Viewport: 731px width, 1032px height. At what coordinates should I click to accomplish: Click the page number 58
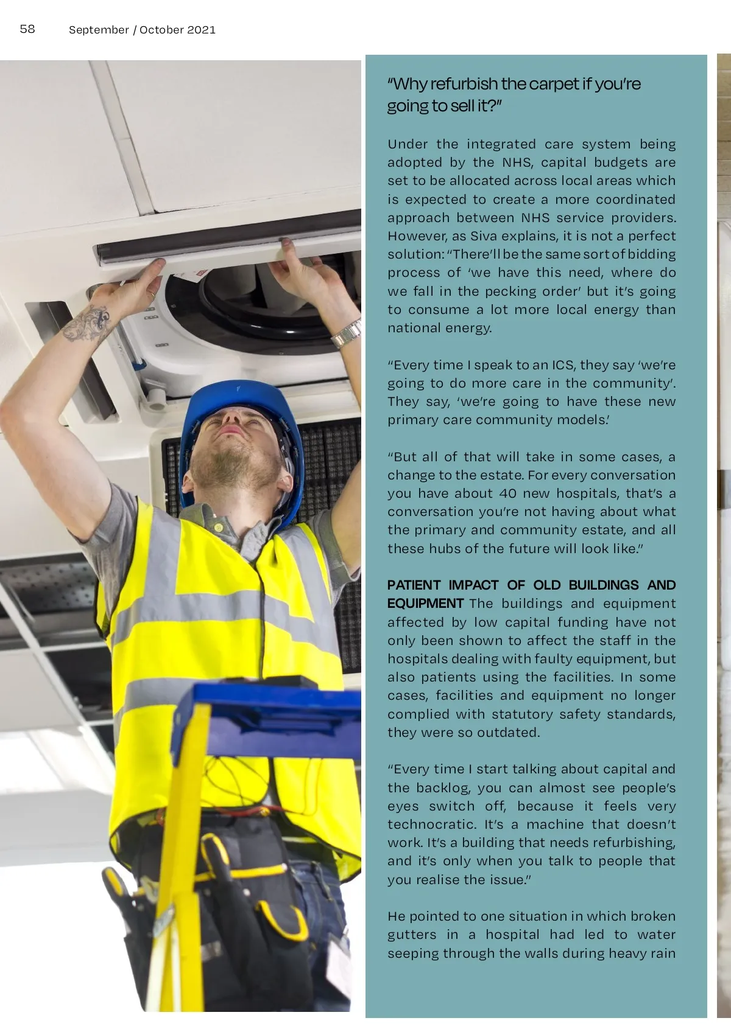coord(27,29)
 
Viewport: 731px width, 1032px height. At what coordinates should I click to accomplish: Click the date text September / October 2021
coord(142,30)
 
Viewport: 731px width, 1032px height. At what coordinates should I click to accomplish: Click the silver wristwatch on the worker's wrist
coord(347,333)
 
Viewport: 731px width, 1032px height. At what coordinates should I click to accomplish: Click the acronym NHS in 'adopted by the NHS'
coord(517,162)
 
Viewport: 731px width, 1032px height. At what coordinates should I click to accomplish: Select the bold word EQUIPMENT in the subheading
coord(425,604)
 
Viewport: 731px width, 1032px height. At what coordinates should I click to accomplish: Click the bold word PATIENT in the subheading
coord(414,585)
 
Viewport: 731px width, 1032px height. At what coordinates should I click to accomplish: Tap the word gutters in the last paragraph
coord(412,935)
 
